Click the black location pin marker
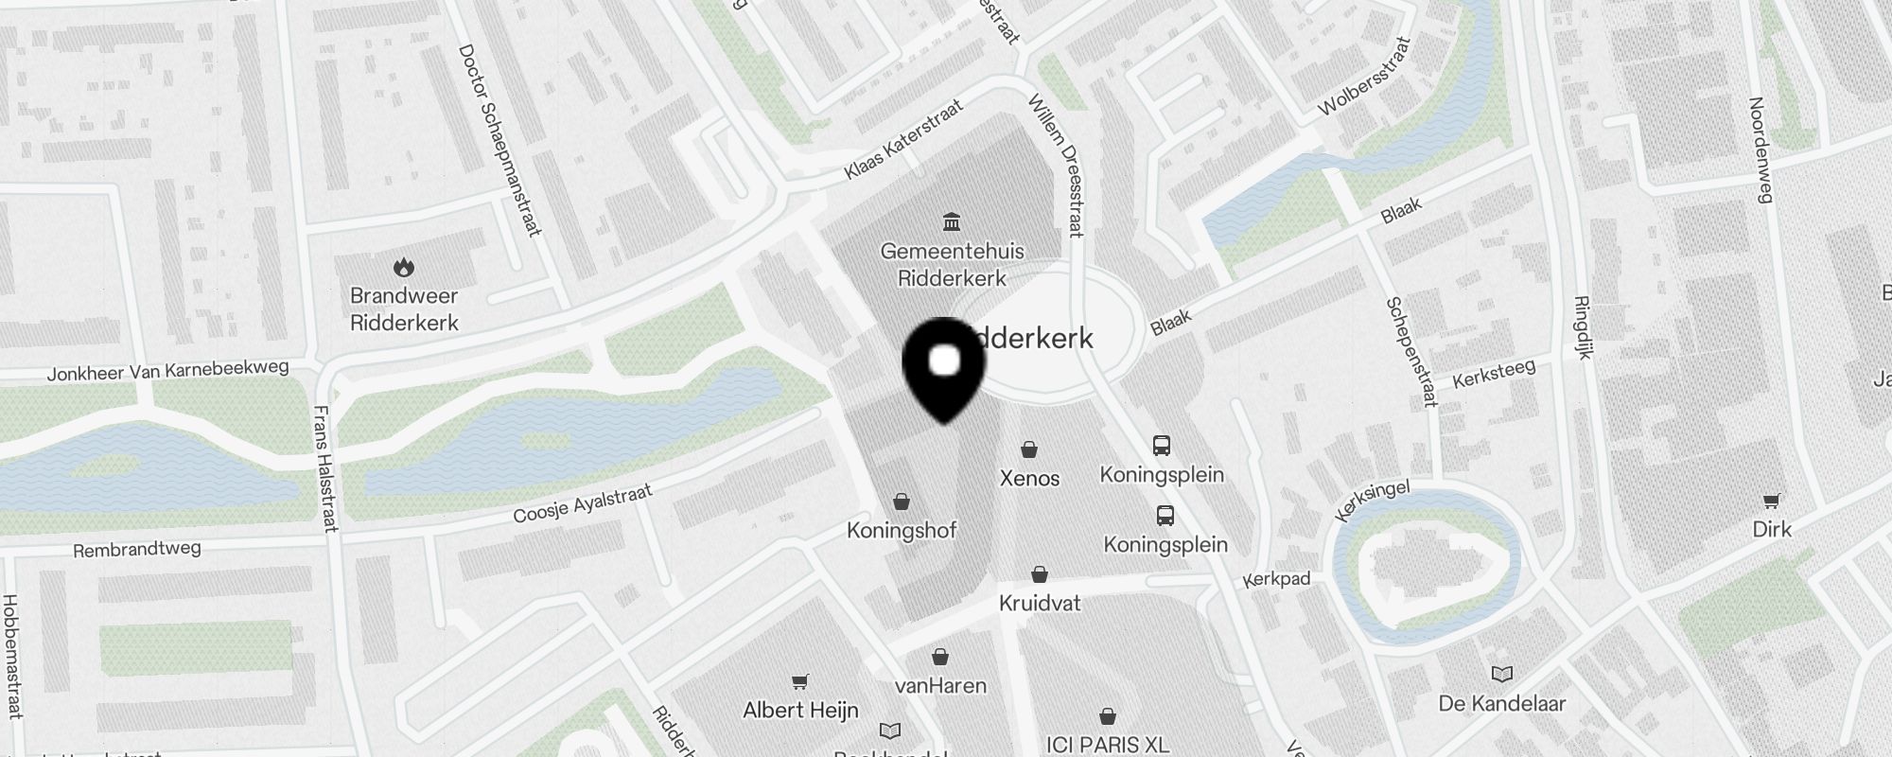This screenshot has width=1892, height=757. pyautogui.click(x=944, y=370)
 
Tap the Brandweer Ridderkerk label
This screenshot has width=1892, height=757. pyautogui.click(x=404, y=309)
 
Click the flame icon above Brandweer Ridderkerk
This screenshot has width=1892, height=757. pyautogui.click(x=404, y=268)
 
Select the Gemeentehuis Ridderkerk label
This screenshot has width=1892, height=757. pyautogui.click(x=952, y=265)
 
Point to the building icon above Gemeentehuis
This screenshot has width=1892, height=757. pyautogui.click(x=952, y=221)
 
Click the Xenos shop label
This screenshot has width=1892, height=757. pyautogui.click(x=1029, y=478)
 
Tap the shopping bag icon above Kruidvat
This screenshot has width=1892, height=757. pyautogui.click(x=1040, y=574)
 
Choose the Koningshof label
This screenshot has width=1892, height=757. pyautogui.click(x=902, y=530)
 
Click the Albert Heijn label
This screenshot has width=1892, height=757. pyautogui.click(x=800, y=710)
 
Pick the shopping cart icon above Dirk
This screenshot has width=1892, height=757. pyautogui.click(x=1771, y=501)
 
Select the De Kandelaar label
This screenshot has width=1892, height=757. pyautogui.click(x=1501, y=703)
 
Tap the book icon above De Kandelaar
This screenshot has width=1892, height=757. pyautogui.click(x=1502, y=674)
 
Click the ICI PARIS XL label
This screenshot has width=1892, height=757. pyautogui.click(x=1107, y=745)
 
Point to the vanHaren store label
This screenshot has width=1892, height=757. pyautogui.click(x=940, y=685)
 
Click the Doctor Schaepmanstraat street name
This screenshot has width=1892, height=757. pyautogui.click(x=499, y=140)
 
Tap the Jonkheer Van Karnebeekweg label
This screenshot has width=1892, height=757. pyautogui.click(x=167, y=370)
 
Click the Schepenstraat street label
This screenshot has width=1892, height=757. pyautogui.click(x=1411, y=352)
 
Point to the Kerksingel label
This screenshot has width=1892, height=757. pyautogui.click(x=1372, y=501)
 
